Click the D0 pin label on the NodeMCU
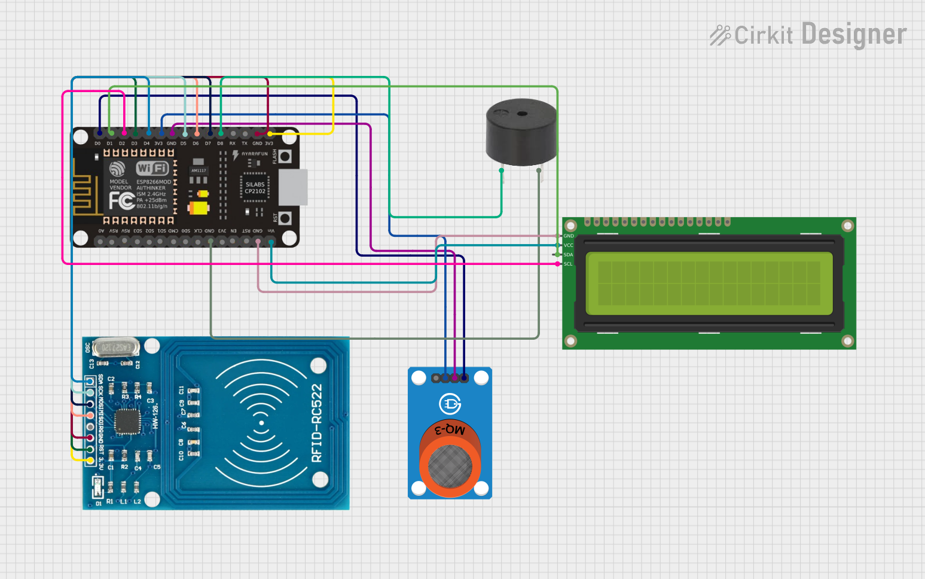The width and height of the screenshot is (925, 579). [97, 144]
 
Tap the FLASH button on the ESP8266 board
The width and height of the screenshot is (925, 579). [285, 157]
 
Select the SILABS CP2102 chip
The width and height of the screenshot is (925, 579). [255, 188]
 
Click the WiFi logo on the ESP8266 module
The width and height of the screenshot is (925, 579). [152, 168]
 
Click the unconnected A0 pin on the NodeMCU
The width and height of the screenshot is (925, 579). [100, 242]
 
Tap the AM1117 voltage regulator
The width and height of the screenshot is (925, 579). [199, 171]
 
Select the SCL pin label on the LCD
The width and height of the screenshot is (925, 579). [567, 264]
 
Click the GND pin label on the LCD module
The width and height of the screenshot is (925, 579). [568, 236]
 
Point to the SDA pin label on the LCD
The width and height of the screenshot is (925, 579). [567, 255]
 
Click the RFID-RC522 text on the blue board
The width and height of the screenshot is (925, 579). [317, 423]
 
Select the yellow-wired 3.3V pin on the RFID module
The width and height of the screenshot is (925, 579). [90, 460]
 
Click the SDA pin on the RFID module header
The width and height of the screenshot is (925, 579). [90, 381]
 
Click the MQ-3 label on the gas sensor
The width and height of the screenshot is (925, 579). [450, 429]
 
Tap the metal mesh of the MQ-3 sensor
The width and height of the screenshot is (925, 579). [450, 466]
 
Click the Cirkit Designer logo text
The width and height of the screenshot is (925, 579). [808, 35]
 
